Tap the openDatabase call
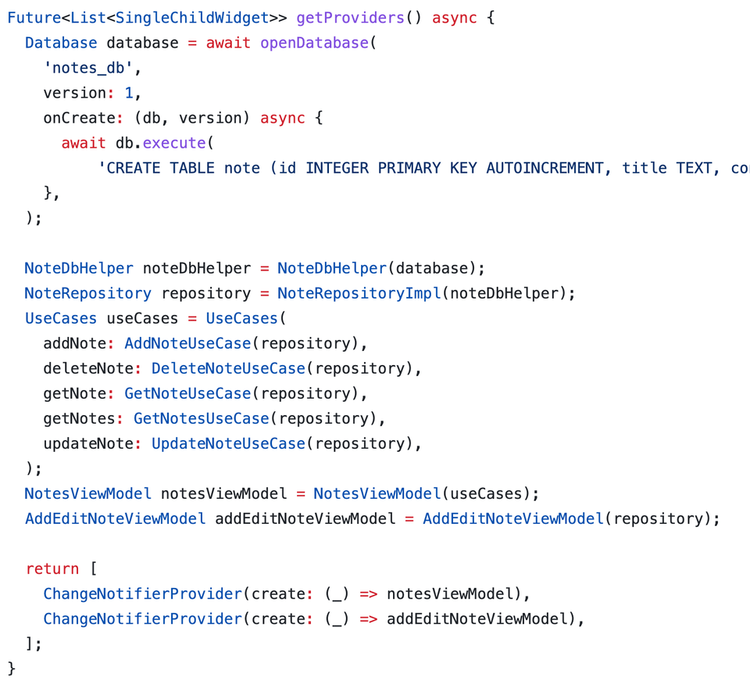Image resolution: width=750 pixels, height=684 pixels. coord(314,43)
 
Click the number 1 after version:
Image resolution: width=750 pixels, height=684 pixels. coord(130,93)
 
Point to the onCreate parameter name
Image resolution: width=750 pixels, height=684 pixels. coord(74,118)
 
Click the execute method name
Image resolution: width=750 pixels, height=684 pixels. coord(173,143)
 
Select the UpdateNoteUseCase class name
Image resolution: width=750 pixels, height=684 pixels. coord(228,443)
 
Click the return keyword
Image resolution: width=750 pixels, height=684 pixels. coord(52,568)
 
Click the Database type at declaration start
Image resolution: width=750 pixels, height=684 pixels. coord(61,43)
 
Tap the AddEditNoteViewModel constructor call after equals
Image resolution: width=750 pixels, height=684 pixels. coord(513,518)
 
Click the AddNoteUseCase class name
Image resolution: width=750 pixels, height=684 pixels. coord(187,343)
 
